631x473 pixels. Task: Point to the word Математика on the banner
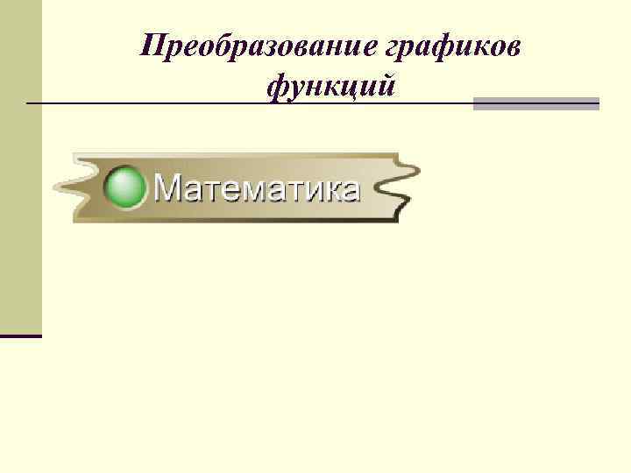[x=257, y=187]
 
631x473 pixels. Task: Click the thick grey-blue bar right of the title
[x=536, y=103]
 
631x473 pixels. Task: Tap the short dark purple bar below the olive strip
[x=20, y=335]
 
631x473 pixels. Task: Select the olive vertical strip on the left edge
[x=20, y=166]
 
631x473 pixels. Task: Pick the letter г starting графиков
[x=397, y=48]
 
